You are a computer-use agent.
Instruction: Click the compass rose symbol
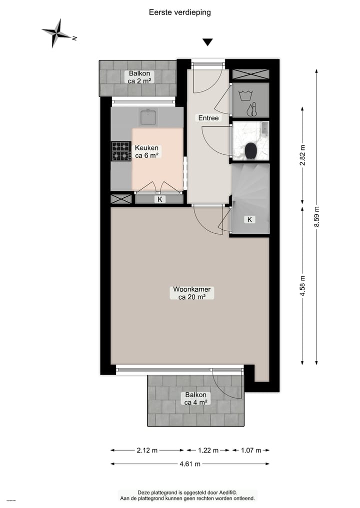point(56,33)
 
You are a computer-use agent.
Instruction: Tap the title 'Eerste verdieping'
point(180,12)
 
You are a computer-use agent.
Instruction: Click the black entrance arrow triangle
point(207,43)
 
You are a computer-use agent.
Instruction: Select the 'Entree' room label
point(208,118)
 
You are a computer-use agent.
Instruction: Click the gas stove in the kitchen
point(120,151)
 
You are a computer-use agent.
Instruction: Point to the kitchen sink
point(148,117)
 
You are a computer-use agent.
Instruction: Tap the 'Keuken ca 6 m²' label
point(147,152)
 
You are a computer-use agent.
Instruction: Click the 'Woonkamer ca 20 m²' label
point(192,293)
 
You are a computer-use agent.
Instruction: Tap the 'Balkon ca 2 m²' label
point(138,77)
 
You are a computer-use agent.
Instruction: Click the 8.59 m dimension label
point(316,217)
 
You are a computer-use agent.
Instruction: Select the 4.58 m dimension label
point(302,286)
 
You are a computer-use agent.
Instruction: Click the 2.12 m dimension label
point(147,450)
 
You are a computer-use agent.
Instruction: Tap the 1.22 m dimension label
point(208,450)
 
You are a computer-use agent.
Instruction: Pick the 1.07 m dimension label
point(251,450)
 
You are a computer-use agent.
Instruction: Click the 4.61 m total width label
point(190,464)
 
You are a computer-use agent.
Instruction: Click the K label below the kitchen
point(160,199)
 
